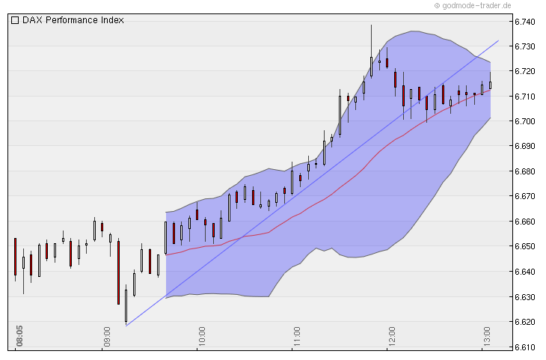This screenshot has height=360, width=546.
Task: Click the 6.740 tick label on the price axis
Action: point(524,22)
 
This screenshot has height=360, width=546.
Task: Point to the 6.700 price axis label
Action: point(524,121)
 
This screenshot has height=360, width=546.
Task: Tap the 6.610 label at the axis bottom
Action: point(524,347)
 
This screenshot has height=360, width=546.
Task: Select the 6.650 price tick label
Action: point(524,246)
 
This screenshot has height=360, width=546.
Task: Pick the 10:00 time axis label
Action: point(202,331)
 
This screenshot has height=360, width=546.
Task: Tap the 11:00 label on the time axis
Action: point(296,331)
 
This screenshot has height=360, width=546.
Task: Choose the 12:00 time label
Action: point(391,331)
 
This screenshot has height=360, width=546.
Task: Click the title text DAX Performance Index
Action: point(73,20)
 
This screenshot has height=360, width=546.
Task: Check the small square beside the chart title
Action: point(15,20)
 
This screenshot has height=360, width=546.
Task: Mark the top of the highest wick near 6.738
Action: point(371,25)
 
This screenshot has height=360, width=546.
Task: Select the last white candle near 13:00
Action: point(491,85)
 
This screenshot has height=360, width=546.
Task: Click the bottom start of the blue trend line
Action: point(126,326)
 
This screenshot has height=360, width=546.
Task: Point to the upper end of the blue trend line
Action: point(498,40)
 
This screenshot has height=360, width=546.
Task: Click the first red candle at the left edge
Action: point(15,257)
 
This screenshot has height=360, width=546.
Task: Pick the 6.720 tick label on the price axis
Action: point(524,71)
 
